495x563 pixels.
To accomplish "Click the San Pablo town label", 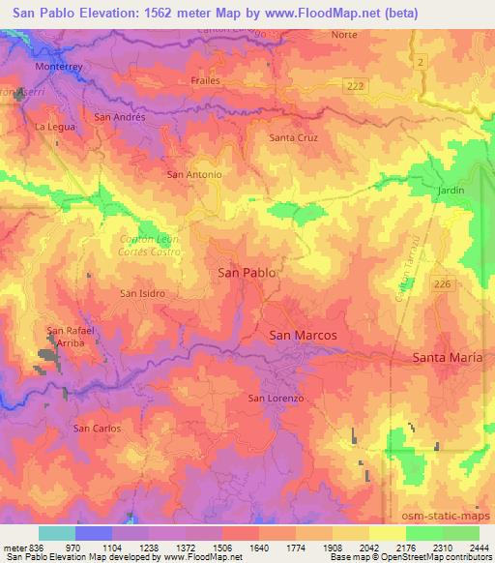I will tap(247, 273).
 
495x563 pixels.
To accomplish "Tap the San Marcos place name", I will tap(303, 335).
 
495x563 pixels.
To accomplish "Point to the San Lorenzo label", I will tap(277, 399).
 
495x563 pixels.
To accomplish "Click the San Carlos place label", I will tap(98, 428).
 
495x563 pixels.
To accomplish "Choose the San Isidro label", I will tap(142, 292).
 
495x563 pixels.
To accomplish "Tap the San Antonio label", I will tap(194, 175).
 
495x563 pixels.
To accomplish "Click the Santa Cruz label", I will tap(293, 137).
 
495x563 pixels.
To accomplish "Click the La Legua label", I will tap(53, 127).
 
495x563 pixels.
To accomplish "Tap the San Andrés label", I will tap(119, 116).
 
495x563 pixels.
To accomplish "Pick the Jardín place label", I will tap(451, 191).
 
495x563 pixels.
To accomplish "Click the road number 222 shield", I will tap(357, 86).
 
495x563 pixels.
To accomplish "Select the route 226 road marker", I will tap(442, 283).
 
